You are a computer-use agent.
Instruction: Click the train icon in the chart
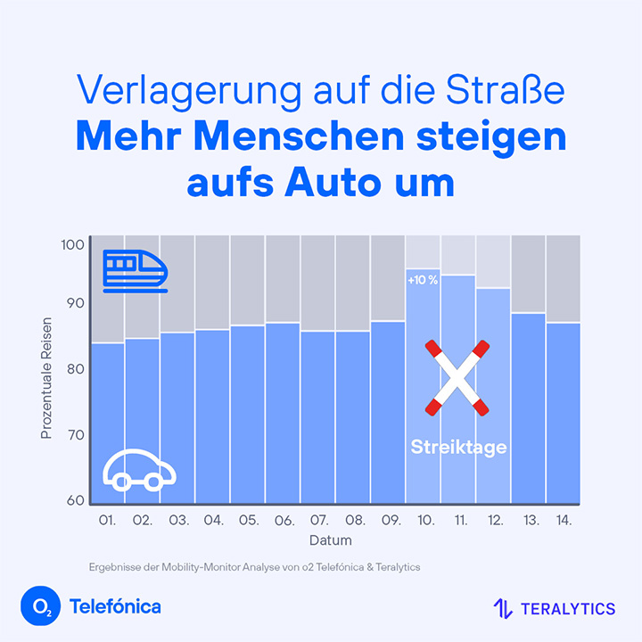click(x=135, y=270)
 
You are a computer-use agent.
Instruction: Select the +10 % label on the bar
click(x=423, y=280)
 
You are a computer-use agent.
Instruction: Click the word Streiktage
click(x=458, y=447)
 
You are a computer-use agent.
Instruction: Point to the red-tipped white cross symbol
click(x=457, y=378)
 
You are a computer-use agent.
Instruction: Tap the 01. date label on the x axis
click(x=107, y=520)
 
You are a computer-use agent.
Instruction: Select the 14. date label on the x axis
click(x=563, y=520)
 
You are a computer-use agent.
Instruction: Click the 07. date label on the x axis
click(x=317, y=520)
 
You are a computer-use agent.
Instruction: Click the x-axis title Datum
click(x=330, y=540)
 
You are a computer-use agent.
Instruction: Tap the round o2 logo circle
click(x=38, y=607)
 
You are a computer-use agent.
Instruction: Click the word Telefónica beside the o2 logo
click(x=114, y=607)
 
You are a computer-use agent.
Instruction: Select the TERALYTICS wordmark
click(x=568, y=609)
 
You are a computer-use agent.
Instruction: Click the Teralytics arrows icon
click(x=503, y=609)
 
